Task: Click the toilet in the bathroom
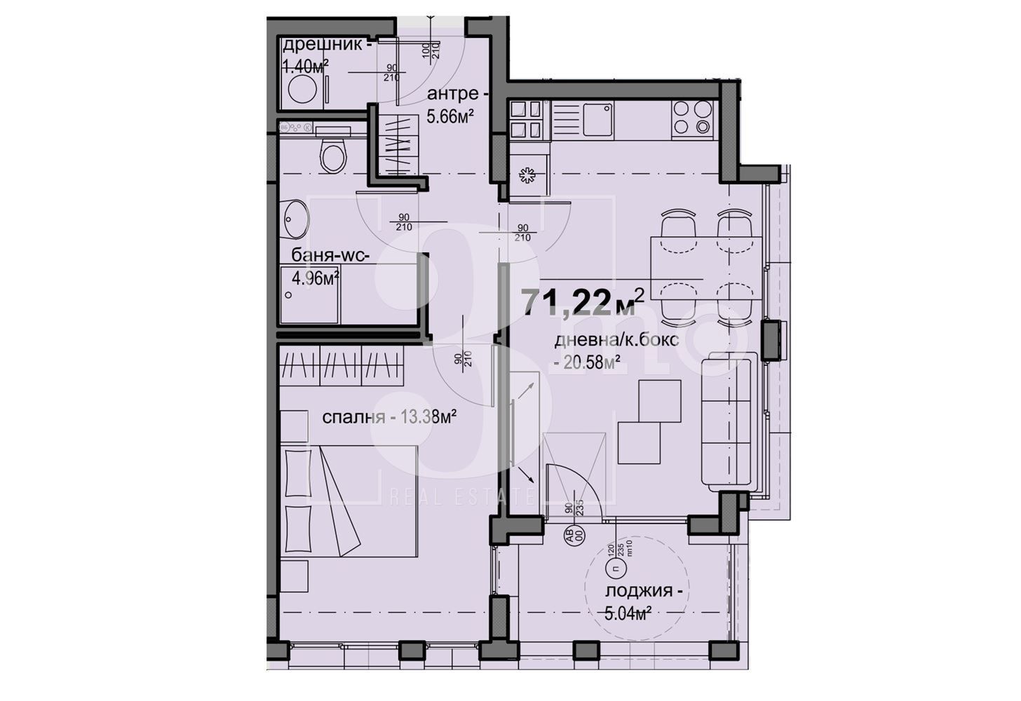point(332,155)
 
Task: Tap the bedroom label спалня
point(353,418)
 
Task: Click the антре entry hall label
point(453,94)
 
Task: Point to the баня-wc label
point(325,257)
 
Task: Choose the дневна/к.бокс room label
point(616,341)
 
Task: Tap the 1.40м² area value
point(305,67)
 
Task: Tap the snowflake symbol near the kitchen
point(526,176)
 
